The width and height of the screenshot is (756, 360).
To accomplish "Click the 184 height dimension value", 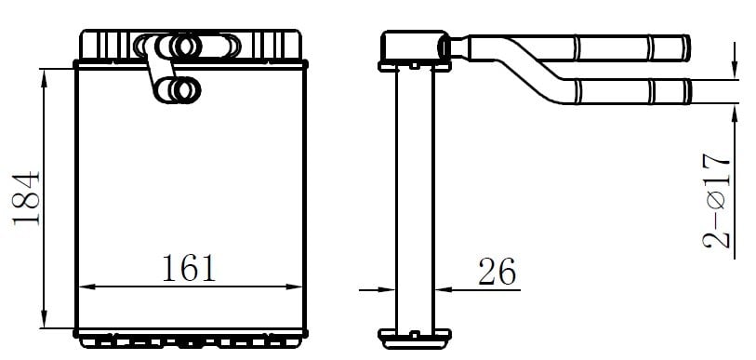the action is [27, 198].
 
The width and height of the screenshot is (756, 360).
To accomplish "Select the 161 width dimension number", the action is [189, 268].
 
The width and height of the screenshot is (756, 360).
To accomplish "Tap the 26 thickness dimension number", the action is [497, 272].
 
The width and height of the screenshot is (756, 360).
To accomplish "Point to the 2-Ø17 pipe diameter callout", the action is [717, 201].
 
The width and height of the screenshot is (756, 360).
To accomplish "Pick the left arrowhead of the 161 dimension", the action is [86, 287].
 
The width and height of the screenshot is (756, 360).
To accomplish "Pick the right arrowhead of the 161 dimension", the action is [294, 287].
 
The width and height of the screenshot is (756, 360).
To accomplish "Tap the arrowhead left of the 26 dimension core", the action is [387, 290].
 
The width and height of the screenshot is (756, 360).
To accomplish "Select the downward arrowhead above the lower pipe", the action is [735, 70].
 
